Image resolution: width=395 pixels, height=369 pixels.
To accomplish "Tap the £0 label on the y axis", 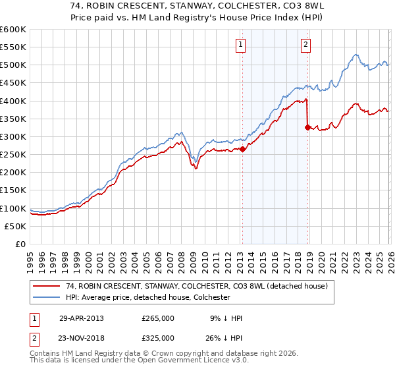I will tap(20, 244).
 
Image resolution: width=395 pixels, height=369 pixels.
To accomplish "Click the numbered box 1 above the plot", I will tap(241, 45).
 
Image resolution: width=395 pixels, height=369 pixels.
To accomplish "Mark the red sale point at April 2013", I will tap(242, 149).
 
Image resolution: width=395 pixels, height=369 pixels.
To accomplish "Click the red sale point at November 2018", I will tap(307, 127).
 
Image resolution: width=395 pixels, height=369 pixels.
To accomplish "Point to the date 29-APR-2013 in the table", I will tap(82, 318).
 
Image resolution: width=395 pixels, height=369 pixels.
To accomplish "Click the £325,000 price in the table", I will tap(158, 337).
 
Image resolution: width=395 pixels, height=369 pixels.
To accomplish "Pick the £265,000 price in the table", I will tap(158, 318).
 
